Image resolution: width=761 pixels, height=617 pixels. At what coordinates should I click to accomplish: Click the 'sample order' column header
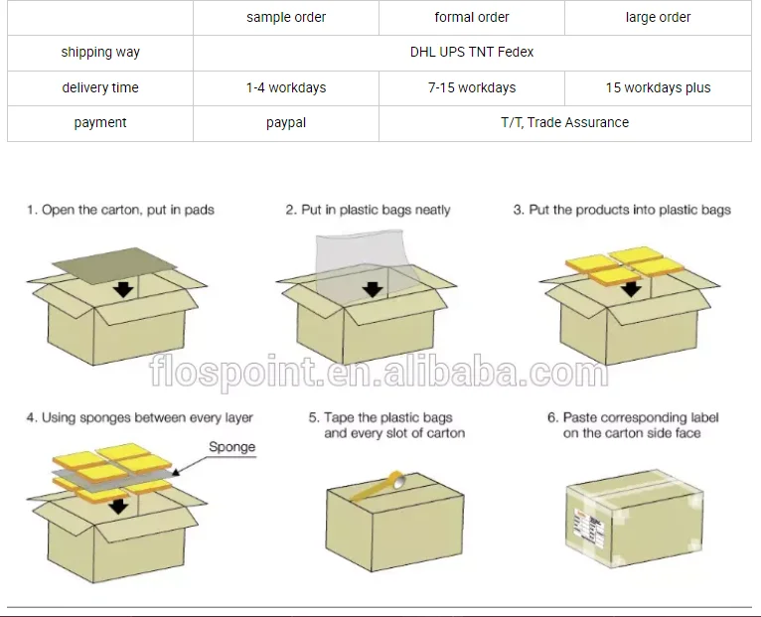[286, 17]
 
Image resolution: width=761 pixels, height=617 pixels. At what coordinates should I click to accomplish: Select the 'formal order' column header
[472, 17]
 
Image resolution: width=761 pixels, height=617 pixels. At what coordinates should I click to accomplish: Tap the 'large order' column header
[658, 17]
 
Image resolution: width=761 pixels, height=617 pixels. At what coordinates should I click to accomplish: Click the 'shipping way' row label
[100, 52]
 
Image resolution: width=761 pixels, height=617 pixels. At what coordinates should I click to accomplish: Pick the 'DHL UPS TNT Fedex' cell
[472, 52]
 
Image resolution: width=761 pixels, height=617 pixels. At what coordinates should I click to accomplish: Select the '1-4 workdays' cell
[286, 87]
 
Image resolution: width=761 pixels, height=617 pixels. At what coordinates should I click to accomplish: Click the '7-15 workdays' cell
[472, 87]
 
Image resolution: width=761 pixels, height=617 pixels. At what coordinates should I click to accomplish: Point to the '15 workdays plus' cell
[658, 87]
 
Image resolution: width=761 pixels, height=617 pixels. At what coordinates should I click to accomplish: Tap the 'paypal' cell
[286, 122]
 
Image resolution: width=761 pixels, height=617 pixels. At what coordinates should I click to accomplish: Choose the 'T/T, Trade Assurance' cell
[564, 122]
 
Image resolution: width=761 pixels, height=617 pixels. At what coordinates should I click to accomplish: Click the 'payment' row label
[100, 122]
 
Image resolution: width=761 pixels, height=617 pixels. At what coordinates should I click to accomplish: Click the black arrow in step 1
[123, 289]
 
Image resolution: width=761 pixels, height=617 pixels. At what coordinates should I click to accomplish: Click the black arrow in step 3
[630, 289]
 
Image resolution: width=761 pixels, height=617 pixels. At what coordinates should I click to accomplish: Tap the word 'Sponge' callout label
[231, 447]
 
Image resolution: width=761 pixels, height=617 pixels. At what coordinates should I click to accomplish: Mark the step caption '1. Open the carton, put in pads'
[120, 210]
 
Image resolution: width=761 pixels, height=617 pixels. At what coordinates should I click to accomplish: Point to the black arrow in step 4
[118, 505]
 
